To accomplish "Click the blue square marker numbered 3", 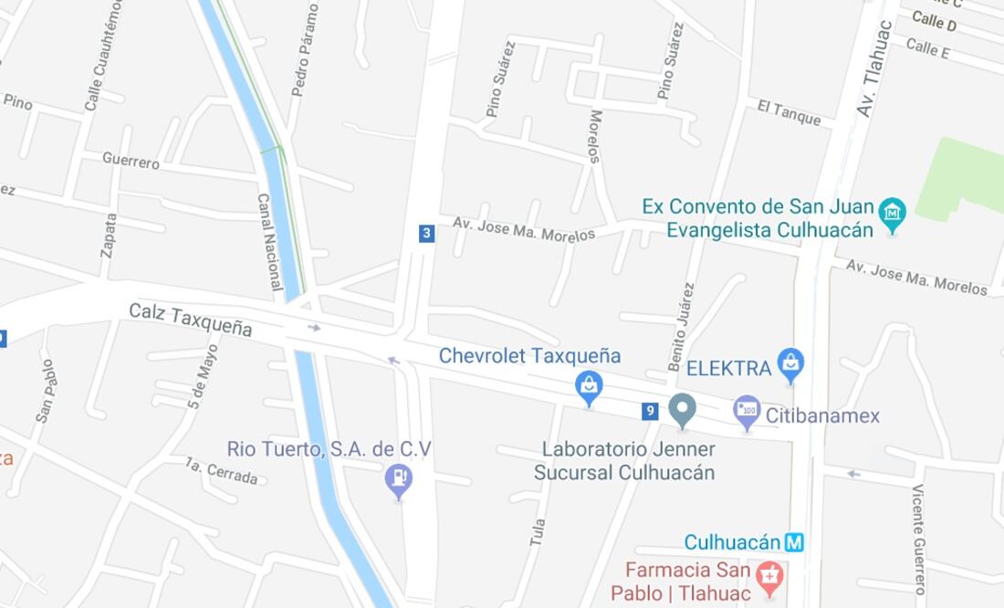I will click(x=426, y=234).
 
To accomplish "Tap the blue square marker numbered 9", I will click(x=650, y=412).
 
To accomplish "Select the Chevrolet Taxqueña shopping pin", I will click(x=589, y=387).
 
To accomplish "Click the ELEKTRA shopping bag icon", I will click(x=790, y=364).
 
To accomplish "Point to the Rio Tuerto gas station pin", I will click(x=398, y=478).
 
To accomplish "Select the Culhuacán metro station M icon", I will click(x=795, y=542).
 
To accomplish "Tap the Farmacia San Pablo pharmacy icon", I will click(x=770, y=576).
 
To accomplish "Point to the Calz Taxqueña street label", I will click(x=190, y=320).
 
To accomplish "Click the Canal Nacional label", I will click(x=269, y=242).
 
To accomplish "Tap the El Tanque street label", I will click(x=790, y=112).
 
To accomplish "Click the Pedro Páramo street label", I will click(x=305, y=50).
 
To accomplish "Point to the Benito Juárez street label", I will click(x=681, y=327).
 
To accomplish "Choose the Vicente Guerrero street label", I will click(x=919, y=539).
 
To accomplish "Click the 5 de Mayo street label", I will click(x=204, y=376).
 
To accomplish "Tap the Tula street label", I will click(x=538, y=532).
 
